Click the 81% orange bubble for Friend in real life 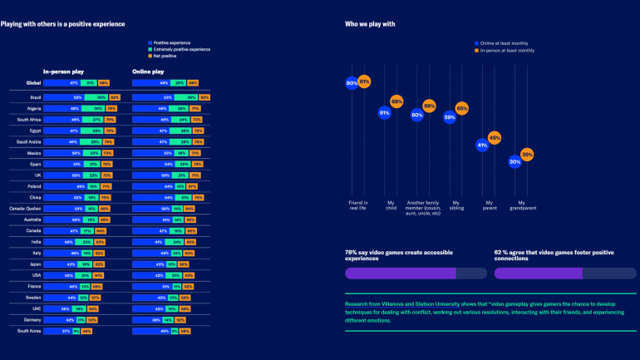point(365,81)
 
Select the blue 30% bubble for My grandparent point(515,162)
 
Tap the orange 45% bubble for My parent point(495,137)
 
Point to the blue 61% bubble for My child point(384,112)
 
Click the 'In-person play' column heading point(63,72)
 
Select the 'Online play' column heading point(149,72)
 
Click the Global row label point(33,83)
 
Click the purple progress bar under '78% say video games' point(400,273)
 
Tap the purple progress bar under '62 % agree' point(538,273)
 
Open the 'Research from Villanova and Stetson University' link point(399,304)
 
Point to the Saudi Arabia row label point(29,141)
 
